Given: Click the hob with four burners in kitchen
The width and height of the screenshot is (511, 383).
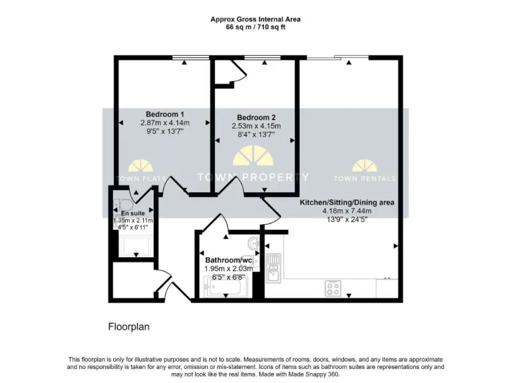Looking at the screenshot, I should click(333, 288).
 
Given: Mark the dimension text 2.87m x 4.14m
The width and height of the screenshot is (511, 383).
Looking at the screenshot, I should click(165, 123).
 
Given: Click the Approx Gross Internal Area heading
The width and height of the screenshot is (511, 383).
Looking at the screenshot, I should click(255, 19).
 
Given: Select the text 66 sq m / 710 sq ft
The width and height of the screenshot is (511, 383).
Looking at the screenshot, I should click(255, 28).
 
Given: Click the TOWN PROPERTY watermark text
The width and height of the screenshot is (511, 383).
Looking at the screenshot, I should click(254, 177).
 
